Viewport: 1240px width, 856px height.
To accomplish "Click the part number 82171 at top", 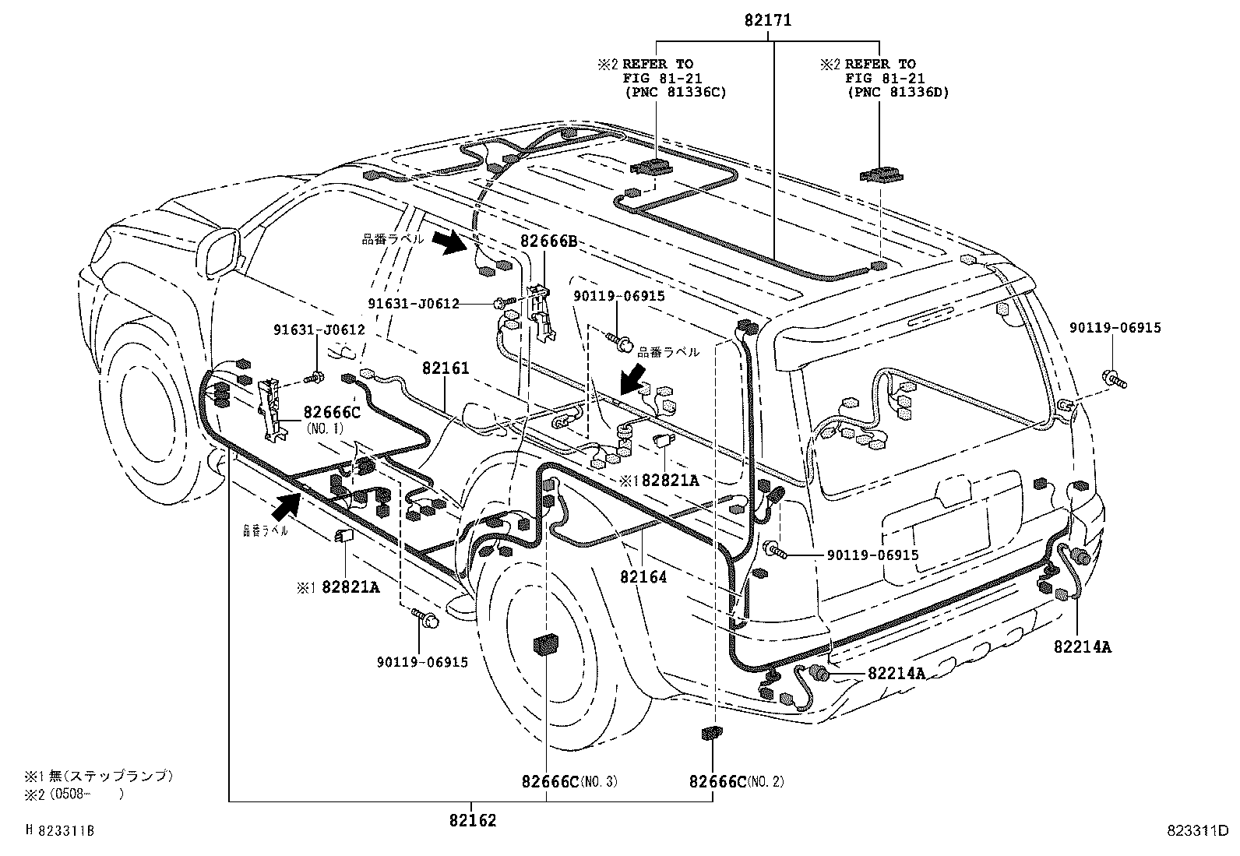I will tap(767, 21).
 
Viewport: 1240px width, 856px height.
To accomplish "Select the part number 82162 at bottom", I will tap(472, 820).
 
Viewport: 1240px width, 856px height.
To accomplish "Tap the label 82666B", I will tap(548, 242).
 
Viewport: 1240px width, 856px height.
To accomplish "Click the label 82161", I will tap(446, 368).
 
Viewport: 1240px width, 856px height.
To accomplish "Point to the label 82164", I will tap(643, 577).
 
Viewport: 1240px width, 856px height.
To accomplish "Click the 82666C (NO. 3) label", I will tap(569, 781).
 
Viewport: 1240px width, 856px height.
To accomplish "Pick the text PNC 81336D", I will tap(897, 92).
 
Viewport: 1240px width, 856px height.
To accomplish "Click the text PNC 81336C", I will tap(675, 92).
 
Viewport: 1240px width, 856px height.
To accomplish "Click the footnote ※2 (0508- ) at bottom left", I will tap(74, 795).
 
